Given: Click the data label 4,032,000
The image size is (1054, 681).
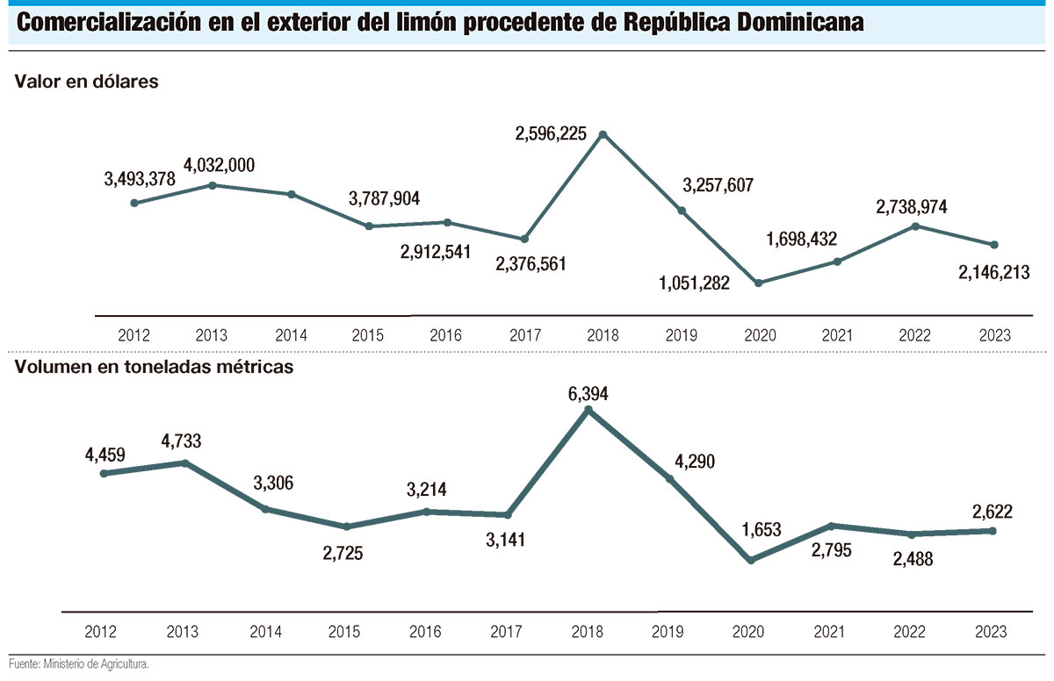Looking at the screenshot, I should click(x=220, y=165).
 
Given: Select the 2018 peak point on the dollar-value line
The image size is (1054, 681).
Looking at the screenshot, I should click(x=603, y=134).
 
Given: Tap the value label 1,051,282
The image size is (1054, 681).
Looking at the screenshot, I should click(x=694, y=283).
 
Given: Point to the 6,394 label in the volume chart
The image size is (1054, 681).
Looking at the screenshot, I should click(x=588, y=392).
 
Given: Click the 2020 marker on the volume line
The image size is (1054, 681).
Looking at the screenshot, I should click(x=750, y=560).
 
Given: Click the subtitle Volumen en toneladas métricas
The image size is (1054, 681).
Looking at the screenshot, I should click(x=154, y=367).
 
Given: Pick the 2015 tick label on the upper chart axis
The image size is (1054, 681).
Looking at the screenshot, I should click(x=368, y=335).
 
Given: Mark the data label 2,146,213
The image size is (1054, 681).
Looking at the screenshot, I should click(x=993, y=273).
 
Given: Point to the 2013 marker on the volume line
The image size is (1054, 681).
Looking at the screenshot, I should click(x=184, y=462).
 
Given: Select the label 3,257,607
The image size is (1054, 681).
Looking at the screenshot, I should click(x=718, y=185).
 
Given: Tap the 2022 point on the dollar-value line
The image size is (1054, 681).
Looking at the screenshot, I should click(x=915, y=226).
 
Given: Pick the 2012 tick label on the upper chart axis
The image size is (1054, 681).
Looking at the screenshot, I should click(x=134, y=335).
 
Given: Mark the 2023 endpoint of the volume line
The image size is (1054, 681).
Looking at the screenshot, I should click(x=993, y=530).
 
